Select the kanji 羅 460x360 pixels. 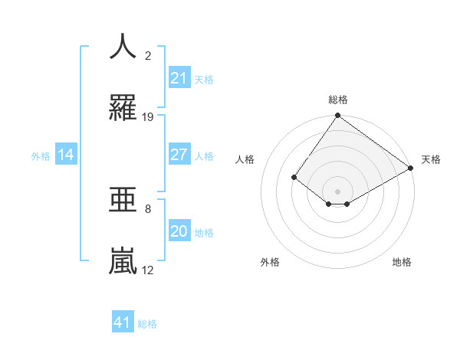coord(123,108)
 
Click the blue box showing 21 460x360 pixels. coord(179,78)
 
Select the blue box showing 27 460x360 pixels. coord(179,155)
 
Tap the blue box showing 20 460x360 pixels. coord(179,231)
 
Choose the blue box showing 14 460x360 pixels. coord(66,155)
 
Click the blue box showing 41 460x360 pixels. coord(123,322)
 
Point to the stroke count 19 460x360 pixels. coord(148,117)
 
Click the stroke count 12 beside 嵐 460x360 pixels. coord(148,270)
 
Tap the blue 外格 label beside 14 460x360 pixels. coord(41,155)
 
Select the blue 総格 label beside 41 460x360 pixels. coord(147,323)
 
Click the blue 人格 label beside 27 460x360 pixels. coord(204,155)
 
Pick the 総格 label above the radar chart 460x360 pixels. coord(337,100)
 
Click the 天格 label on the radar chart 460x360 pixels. coord(431,159)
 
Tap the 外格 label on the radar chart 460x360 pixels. coord(270,262)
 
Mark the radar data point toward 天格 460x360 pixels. coord(411,168)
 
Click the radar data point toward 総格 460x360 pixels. coord(337,116)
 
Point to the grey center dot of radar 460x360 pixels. coord(337,191)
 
